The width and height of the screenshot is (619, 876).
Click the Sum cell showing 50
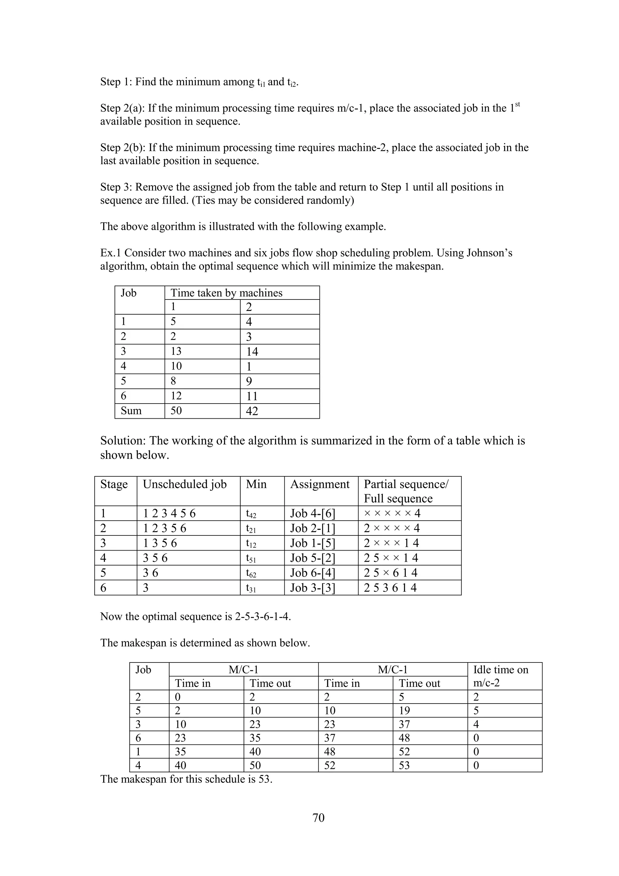click(176, 411)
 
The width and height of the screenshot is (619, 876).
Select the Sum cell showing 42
click(252, 411)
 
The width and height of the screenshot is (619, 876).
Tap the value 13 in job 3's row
click(176, 351)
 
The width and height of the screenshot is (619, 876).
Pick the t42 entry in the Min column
click(251, 514)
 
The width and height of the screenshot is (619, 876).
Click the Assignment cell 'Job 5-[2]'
click(313, 558)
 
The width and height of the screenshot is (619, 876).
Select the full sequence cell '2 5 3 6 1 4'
click(390, 588)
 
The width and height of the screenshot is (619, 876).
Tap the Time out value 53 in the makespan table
click(404, 765)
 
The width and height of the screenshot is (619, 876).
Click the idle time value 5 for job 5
click(476, 711)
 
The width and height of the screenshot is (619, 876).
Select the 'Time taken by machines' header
click(226, 293)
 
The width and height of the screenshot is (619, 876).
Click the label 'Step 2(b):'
click(123, 148)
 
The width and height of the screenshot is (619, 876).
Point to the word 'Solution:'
click(123, 441)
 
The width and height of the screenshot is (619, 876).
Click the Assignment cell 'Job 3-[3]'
click(313, 588)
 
